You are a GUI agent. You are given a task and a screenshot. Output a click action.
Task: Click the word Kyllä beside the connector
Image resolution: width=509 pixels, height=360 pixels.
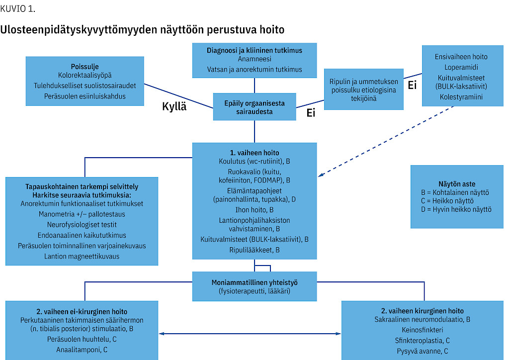[174, 106]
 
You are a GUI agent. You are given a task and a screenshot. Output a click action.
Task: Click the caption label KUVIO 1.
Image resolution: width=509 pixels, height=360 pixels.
[18, 9]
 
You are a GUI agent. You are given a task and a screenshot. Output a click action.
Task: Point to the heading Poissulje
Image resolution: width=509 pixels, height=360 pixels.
[85, 66]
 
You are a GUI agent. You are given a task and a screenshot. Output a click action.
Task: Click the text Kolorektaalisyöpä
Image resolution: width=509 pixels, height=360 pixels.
[85, 76]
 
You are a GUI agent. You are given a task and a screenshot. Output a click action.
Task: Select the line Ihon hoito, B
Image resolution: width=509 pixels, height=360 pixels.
[254, 210]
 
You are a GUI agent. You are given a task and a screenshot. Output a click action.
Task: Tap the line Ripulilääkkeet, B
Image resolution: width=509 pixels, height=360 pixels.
[254, 250]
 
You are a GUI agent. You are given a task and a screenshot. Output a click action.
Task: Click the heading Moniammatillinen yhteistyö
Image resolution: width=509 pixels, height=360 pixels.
[254, 281]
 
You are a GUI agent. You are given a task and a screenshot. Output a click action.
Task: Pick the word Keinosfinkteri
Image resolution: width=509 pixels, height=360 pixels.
[422, 330]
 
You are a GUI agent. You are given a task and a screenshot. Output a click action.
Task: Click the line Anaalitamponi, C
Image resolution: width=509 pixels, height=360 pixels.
[82, 350]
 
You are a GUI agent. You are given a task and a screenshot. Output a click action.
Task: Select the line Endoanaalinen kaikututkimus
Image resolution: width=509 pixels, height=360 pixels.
[82, 235]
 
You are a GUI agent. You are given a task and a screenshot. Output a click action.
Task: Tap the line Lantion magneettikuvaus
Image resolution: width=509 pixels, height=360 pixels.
[82, 256]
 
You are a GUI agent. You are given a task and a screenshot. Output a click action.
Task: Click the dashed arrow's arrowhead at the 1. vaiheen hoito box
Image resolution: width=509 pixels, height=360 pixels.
[321, 176]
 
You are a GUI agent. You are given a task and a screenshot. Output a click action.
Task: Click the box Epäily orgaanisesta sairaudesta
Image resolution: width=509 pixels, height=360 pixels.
[254, 107]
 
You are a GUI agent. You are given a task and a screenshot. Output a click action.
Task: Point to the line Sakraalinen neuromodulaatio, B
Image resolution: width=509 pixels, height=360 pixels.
[422, 320]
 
